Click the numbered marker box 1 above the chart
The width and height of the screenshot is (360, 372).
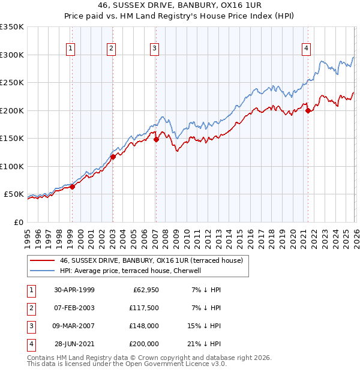click(x=71, y=49)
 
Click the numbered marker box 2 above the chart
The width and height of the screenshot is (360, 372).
click(x=112, y=49)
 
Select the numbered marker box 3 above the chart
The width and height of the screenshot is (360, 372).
click(x=154, y=49)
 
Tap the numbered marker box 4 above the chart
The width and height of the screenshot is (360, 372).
click(x=306, y=49)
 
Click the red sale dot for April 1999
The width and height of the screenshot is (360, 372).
click(x=72, y=187)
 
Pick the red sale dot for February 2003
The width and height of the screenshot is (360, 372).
click(x=113, y=157)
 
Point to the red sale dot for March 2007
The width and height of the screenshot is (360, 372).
click(x=156, y=139)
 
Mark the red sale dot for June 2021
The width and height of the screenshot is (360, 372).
click(x=308, y=110)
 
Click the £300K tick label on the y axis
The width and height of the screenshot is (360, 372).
click(x=11, y=55)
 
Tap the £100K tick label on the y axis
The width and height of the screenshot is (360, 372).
click(x=11, y=166)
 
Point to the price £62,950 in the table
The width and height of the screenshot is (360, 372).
click(x=144, y=290)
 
